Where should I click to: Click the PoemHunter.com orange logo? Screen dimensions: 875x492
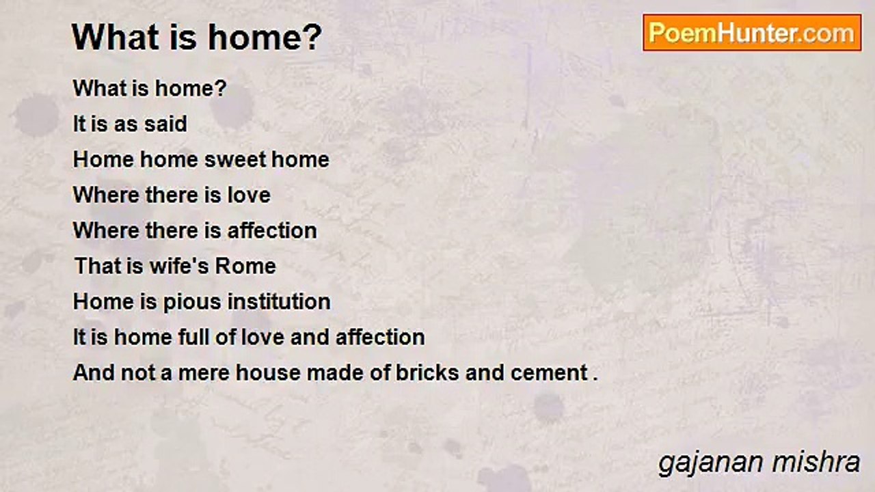752,33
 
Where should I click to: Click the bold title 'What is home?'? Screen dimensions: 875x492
197,38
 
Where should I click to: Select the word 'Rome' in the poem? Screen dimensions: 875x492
245,266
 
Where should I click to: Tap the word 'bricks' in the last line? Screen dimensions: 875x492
427,372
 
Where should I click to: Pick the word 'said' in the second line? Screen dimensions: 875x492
165,124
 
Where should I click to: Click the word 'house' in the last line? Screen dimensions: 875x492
269,372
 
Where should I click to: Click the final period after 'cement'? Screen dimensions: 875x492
595,379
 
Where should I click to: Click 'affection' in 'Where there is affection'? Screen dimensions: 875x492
272,230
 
